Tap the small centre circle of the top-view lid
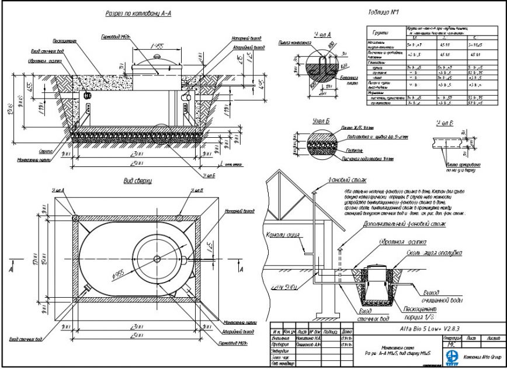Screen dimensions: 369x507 [x=157, y=259]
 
